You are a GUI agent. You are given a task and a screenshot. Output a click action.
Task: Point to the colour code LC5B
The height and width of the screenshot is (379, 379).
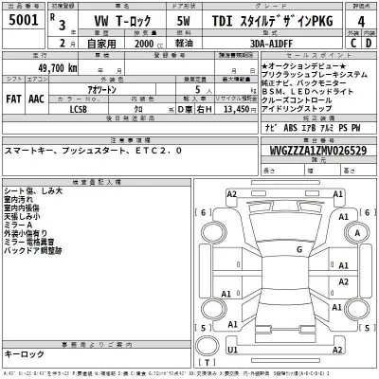(79, 108)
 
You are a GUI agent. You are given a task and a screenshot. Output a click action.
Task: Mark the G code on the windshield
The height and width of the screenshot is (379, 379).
(298, 250)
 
